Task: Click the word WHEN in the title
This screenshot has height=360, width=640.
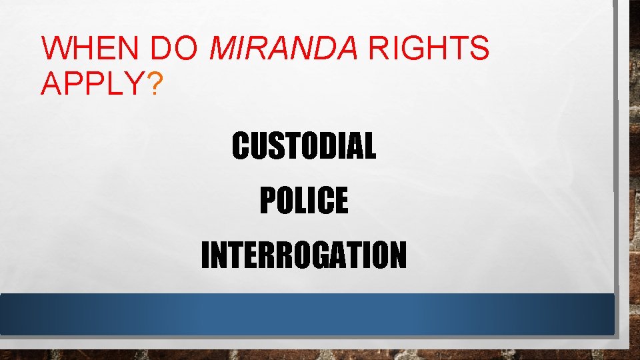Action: click(91, 48)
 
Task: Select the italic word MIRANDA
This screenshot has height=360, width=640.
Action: click(285, 48)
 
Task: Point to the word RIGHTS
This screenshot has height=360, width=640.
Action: click(429, 48)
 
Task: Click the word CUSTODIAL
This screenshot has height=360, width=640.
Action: click(303, 146)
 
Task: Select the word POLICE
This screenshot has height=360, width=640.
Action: click(303, 200)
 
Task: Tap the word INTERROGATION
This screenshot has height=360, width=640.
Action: click(303, 255)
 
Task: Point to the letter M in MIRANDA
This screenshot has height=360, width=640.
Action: click(224, 48)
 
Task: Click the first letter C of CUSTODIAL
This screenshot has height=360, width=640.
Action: click(239, 146)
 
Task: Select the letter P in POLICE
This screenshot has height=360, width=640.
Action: click(266, 200)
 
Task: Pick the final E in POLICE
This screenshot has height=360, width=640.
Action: click(341, 200)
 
